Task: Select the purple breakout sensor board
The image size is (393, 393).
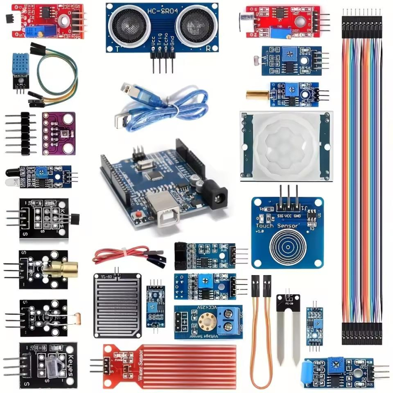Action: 59,130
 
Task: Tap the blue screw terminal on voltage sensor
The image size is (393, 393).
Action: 230,319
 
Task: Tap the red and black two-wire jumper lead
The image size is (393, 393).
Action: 123,254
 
